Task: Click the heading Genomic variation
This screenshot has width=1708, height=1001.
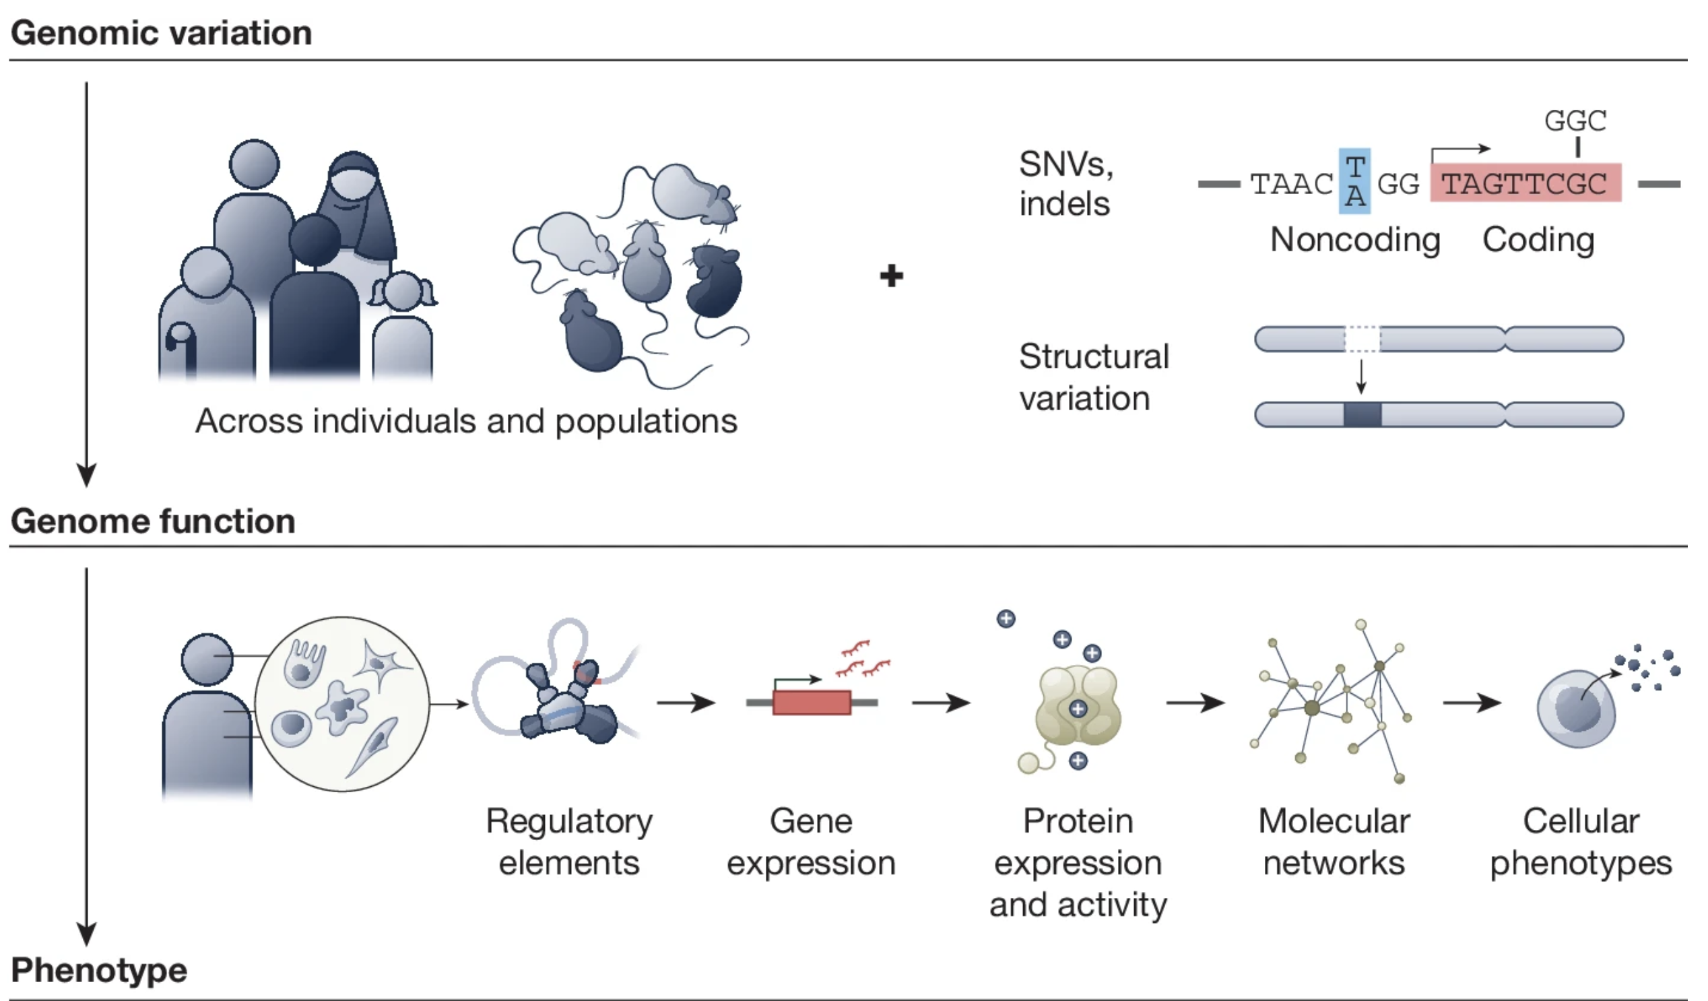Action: tap(162, 32)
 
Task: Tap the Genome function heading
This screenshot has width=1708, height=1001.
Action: tap(153, 521)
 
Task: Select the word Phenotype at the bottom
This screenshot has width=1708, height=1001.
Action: tap(99, 970)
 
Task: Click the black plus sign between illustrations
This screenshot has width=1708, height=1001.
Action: tap(891, 276)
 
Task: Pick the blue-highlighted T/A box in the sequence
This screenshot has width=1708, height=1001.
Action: tap(1354, 181)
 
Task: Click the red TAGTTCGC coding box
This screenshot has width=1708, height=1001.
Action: tap(1525, 183)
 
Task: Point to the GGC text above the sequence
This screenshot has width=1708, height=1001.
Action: tap(1575, 121)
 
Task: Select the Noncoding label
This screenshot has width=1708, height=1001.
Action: tap(1355, 239)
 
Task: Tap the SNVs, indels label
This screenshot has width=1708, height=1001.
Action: tap(1065, 184)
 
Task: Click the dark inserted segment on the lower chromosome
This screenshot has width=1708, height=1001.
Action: tap(1362, 414)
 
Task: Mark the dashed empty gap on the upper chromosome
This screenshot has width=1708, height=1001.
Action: tap(1362, 339)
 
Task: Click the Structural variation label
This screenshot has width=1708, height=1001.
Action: tap(1093, 377)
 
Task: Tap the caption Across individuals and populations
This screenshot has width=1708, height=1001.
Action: tap(466, 421)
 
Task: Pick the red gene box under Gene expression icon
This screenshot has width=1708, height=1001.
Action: tap(812, 702)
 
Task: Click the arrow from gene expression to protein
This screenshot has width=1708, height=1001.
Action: tap(941, 703)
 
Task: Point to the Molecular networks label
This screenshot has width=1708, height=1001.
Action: tap(1334, 842)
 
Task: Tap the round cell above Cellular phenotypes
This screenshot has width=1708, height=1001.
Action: tap(1576, 708)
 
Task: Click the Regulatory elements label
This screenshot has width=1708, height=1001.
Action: tap(569, 842)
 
